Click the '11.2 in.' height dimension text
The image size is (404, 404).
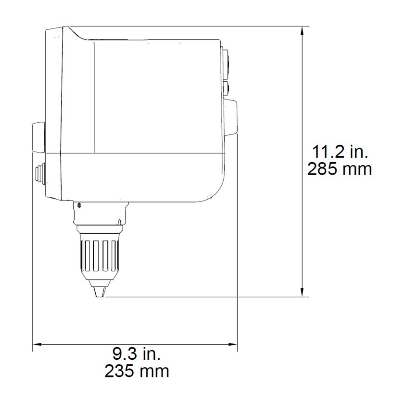[x=340, y=152]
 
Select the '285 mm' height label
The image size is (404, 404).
[x=340, y=169]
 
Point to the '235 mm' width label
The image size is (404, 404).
[x=137, y=371]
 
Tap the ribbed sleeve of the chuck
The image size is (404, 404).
[x=99, y=255]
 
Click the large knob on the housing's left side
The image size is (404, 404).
[x=38, y=138]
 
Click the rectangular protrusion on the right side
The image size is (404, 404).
[x=231, y=117]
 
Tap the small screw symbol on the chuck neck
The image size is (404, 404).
[x=79, y=206]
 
